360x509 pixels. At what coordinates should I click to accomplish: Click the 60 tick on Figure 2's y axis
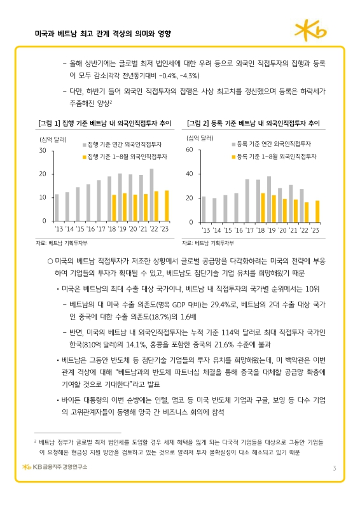(x=189, y=150)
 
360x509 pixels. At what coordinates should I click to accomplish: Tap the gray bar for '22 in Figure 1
(x=151, y=194)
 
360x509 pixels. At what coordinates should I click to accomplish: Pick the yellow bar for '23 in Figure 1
(x=167, y=205)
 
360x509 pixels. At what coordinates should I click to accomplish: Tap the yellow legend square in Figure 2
(x=232, y=155)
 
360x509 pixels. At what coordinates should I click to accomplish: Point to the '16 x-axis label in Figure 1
(x=90, y=228)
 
